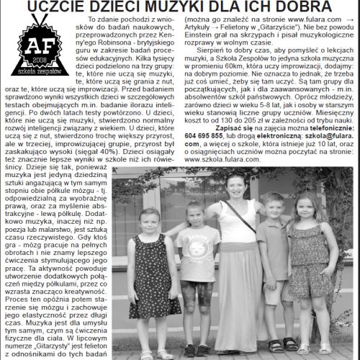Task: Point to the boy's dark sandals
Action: pos(277,343)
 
